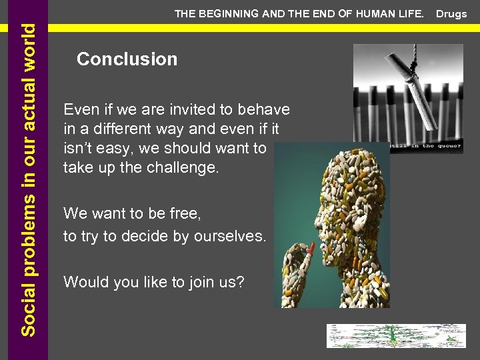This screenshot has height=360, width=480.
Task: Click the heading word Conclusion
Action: tap(127, 59)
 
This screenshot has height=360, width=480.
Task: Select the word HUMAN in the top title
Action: tap(370, 13)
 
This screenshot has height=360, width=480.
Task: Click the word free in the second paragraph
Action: tap(185, 214)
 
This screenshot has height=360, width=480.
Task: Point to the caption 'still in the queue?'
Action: tap(427, 146)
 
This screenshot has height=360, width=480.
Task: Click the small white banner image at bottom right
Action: tap(395, 336)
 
